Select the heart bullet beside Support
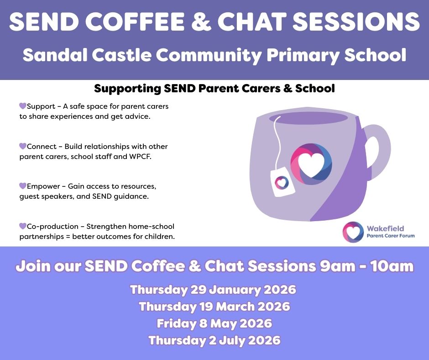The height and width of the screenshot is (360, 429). click(x=23, y=106)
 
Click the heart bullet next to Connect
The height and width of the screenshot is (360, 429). click(x=23, y=146)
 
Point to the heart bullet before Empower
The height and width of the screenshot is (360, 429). click(x=23, y=186)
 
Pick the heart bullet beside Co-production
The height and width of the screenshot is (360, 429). click(x=23, y=226)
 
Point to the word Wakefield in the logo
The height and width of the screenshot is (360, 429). click(x=385, y=228)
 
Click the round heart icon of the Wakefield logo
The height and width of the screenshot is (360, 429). click(x=353, y=232)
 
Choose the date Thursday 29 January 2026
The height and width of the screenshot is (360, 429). click(x=213, y=290)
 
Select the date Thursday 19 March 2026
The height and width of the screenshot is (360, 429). click(x=214, y=306)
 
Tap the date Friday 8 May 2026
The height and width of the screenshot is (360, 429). click(x=214, y=323)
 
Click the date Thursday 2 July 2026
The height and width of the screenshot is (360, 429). click(x=214, y=340)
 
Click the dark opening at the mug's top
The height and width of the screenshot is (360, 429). click(x=309, y=118)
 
